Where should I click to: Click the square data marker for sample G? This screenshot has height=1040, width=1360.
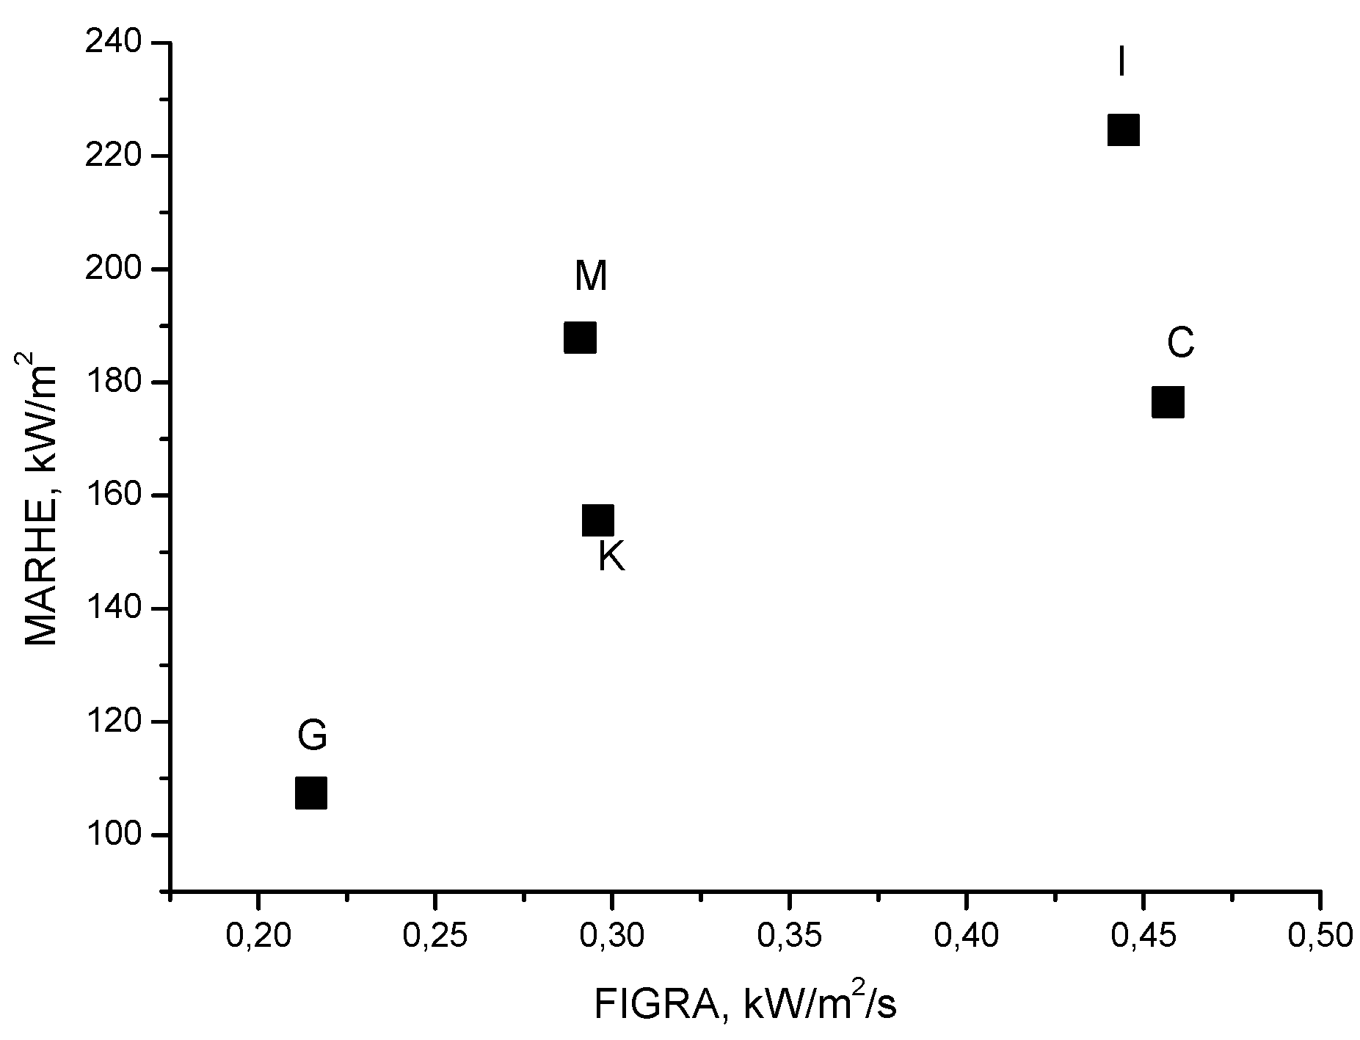coord(310,793)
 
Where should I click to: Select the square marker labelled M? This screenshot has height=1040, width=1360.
coord(580,338)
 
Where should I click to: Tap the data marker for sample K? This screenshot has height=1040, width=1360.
coord(597,520)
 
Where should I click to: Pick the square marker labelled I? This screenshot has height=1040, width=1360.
coord(1123,131)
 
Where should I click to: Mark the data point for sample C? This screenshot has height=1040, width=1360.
coord(1168,402)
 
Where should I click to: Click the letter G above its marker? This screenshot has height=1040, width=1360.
coord(312,735)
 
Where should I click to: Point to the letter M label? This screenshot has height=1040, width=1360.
coord(591,277)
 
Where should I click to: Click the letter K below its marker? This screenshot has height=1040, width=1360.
coord(611,557)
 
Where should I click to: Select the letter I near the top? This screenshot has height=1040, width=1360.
coord(1121,61)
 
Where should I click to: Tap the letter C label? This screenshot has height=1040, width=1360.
coord(1180,343)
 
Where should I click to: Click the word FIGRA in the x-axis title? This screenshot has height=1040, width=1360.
coord(655,1006)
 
